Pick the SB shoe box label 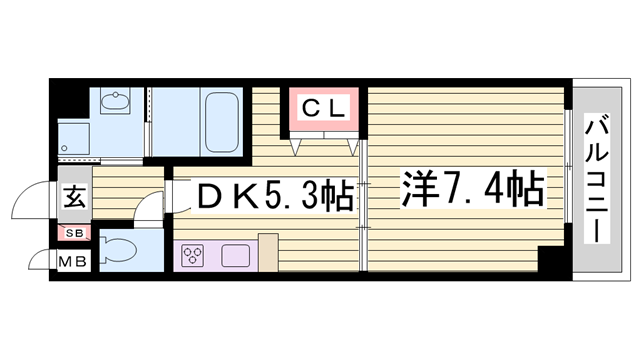74,234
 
